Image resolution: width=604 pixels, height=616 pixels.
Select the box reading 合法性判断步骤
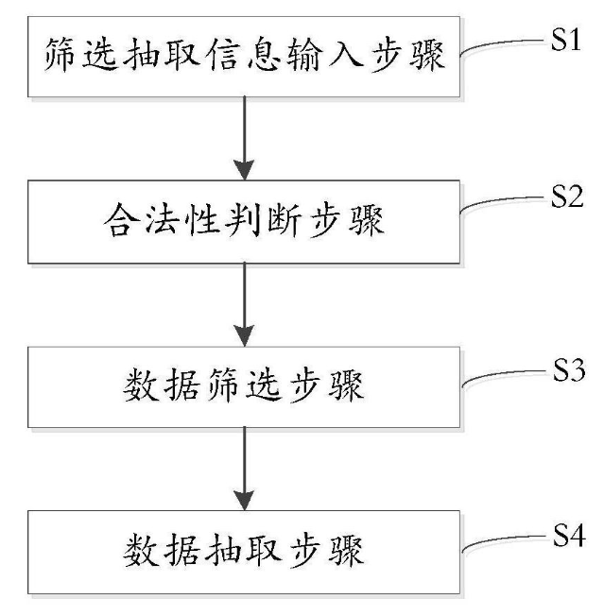tap(244, 223)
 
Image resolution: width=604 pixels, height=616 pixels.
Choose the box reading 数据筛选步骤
tap(244, 386)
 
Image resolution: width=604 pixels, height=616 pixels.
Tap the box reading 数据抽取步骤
tap(244, 551)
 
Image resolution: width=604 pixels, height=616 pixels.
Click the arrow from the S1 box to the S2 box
tap(245, 137)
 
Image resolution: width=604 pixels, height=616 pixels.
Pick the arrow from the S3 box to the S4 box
tap(245, 467)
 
